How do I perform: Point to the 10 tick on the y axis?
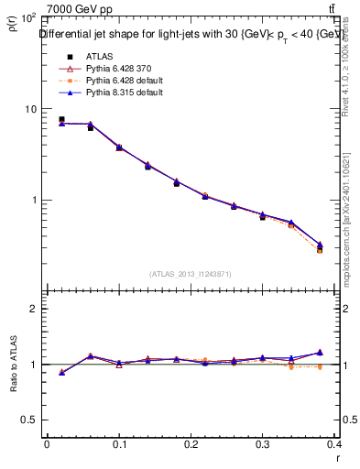pyautogui.click(x=30, y=109)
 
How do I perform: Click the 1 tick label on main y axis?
pyautogui.click(x=33, y=200)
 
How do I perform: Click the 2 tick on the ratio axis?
pyautogui.click(x=33, y=309)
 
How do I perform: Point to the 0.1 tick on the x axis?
pyautogui.click(x=119, y=445)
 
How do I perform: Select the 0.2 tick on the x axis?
pyautogui.click(x=192, y=445)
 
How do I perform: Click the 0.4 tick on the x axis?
pyautogui.click(x=335, y=445)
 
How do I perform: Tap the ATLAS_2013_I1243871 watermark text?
pyautogui.click(x=191, y=274)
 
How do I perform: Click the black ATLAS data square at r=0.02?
pyautogui.click(x=61, y=119)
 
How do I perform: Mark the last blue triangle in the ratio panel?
pyautogui.click(x=320, y=352)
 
